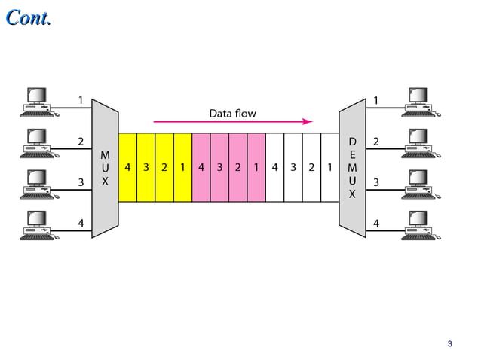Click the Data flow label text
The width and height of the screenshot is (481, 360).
232,114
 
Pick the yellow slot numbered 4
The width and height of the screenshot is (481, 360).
127,167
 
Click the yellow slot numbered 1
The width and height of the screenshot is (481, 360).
182,167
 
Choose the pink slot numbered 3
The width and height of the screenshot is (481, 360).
219,167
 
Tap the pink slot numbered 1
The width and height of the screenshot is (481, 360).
256,167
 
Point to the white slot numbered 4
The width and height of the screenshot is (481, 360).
274,167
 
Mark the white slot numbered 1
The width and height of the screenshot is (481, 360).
329,167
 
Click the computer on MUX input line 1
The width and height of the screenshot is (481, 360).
38,102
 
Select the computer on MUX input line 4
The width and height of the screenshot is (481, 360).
38,225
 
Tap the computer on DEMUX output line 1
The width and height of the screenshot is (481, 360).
421,102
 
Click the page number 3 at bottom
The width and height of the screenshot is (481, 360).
449,345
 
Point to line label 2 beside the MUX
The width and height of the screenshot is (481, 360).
81,142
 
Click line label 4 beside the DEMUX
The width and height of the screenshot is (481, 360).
376,223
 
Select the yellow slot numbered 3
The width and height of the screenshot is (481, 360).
146,167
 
